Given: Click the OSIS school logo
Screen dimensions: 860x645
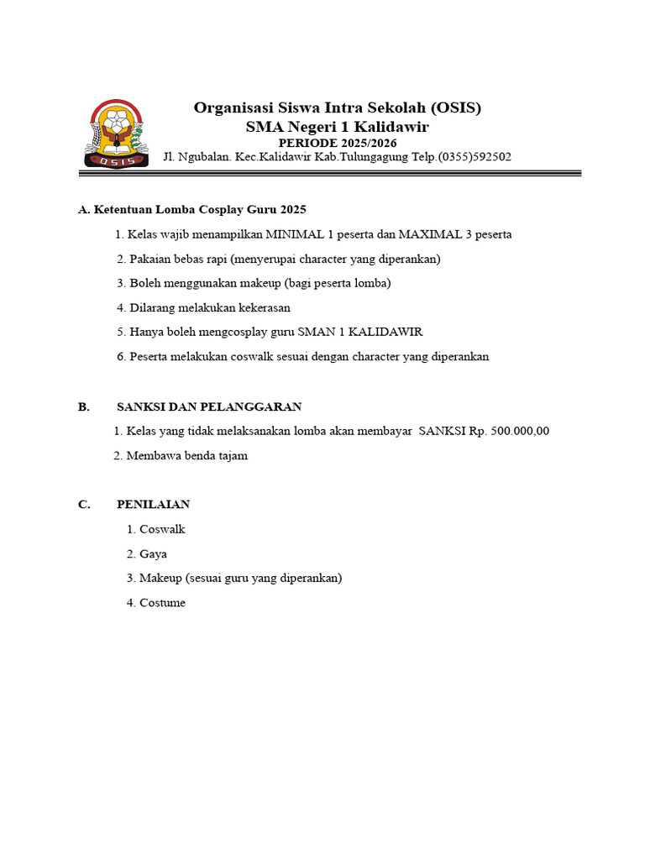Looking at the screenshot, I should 117,133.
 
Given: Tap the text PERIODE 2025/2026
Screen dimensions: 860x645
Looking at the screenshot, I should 338,143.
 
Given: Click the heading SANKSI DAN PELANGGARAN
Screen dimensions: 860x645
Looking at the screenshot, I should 209,406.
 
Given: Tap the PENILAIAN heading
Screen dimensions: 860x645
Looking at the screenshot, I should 153,505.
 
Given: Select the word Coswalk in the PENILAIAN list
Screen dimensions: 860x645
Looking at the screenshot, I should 162,529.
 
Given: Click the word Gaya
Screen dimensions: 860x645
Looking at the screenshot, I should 153,553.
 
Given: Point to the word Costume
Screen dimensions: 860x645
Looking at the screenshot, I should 162,602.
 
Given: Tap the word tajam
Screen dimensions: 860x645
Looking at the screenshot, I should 232,456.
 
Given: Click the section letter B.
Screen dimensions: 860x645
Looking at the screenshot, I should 83,406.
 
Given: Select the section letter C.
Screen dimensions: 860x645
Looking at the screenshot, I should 83,505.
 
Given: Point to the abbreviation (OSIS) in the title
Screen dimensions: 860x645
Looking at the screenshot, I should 458,107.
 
